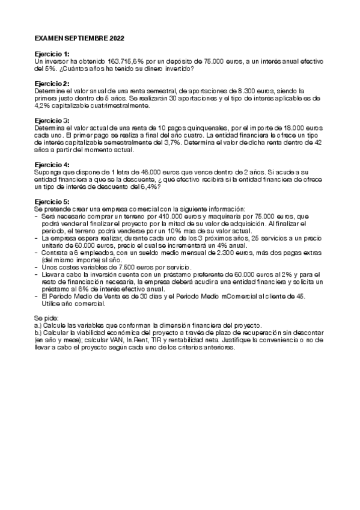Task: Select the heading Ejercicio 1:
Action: (x=52, y=54)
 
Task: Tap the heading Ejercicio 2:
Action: (x=52, y=83)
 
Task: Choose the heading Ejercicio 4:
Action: (x=52, y=164)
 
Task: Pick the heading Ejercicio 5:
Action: (x=52, y=201)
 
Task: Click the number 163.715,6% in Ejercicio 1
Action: (x=127, y=61)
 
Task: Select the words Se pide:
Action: (x=46, y=316)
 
